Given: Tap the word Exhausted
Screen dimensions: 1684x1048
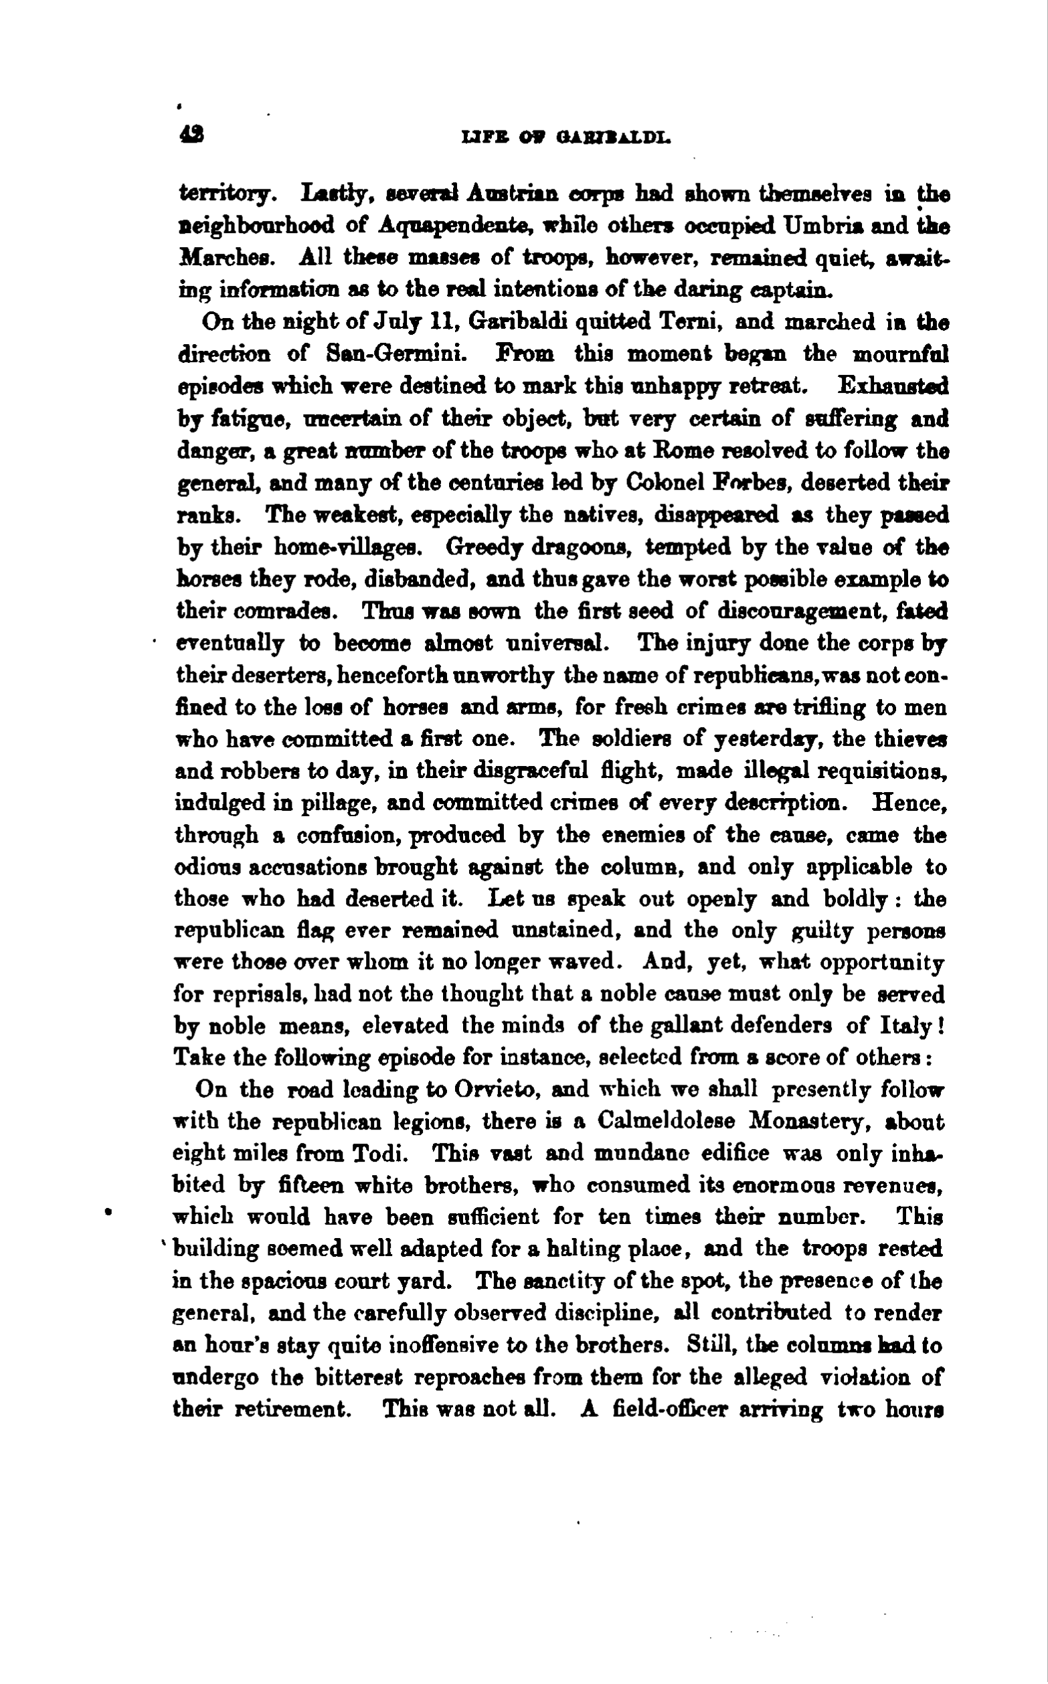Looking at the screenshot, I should (x=893, y=386).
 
